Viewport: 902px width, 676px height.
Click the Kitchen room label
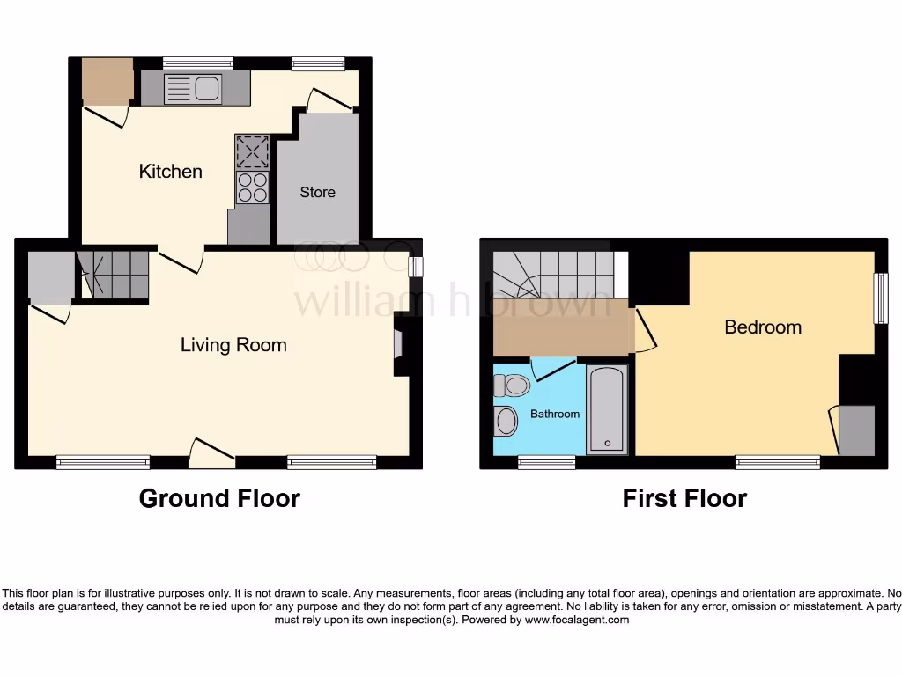coord(170,171)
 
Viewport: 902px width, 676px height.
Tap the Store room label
coord(317,192)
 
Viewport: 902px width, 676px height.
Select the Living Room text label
coord(233,344)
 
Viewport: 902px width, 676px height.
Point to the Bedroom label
coord(762,327)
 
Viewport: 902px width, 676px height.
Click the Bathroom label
coord(555,414)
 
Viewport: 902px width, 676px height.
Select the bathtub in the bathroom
coord(607,409)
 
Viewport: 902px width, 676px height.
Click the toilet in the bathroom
coord(511,385)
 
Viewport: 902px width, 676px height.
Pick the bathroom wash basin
coord(506,421)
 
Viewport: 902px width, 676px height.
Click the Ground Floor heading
coord(219,498)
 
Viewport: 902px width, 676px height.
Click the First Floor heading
coord(684,498)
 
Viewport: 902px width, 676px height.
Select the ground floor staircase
coord(113,274)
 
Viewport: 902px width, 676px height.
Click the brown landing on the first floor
coord(561,327)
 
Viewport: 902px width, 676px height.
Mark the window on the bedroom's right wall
coord(880,298)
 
